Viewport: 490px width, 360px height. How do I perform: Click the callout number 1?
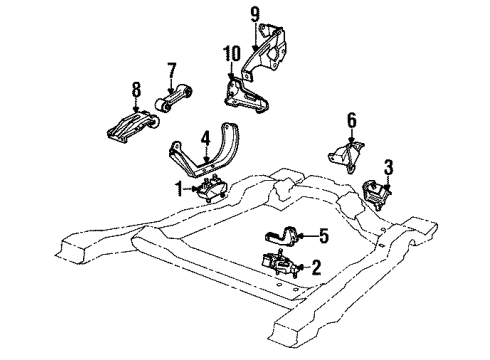click(x=178, y=187)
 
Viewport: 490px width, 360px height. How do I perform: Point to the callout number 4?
click(x=203, y=136)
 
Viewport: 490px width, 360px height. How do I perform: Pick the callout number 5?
click(x=322, y=236)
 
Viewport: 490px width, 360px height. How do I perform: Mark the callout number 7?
click(x=171, y=70)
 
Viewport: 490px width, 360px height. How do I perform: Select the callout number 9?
click(x=254, y=13)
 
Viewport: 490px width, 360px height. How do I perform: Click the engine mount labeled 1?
click(x=213, y=190)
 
